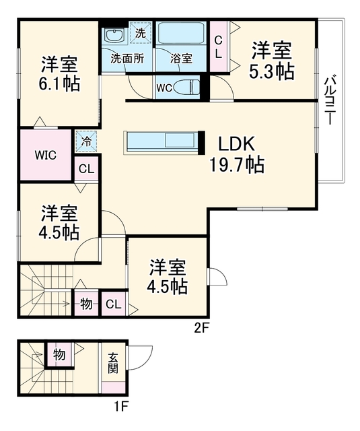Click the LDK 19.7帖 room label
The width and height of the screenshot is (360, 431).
click(x=237, y=155)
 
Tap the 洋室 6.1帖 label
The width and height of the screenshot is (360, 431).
click(x=59, y=73)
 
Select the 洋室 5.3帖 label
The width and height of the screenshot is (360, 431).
click(x=272, y=60)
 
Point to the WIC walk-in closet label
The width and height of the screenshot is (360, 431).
click(x=46, y=155)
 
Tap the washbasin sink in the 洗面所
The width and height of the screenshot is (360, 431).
click(x=115, y=36)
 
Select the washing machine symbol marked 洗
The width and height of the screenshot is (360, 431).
click(x=141, y=33)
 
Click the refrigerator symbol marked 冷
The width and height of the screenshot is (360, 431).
click(x=87, y=141)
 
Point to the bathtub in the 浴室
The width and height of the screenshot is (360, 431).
click(x=181, y=33)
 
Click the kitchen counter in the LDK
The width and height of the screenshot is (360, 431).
click(x=164, y=142)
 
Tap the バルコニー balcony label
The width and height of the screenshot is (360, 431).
click(x=330, y=100)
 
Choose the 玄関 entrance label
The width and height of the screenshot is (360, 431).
click(x=112, y=363)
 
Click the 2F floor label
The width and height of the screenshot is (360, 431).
click(x=202, y=328)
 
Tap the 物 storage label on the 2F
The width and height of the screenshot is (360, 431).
click(x=86, y=304)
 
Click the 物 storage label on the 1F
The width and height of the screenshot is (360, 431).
click(x=59, y=354)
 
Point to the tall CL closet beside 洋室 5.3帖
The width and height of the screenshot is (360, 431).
click(x=219, y=47)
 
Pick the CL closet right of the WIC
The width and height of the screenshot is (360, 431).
click(x=87, y=169)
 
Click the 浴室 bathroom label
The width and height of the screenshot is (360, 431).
click(x=181, y=59)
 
